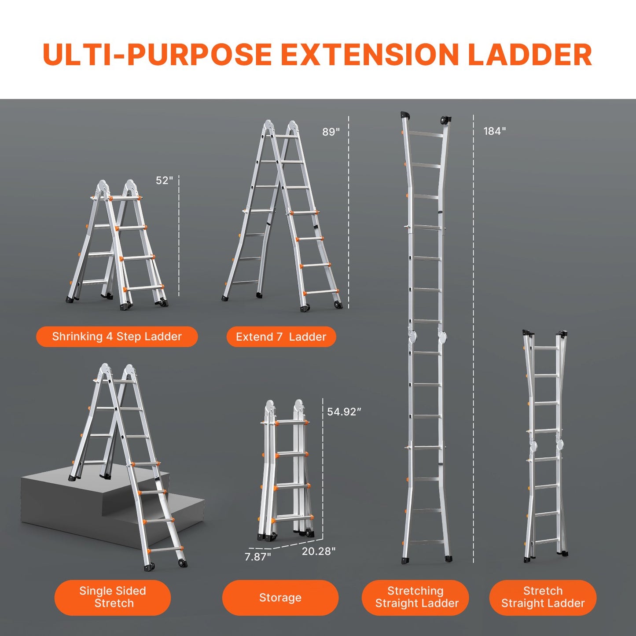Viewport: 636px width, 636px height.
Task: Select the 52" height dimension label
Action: tap(164, 180)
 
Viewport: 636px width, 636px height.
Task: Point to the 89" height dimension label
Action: tap(331, 132)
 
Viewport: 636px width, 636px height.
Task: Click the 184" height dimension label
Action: tap(494, 131)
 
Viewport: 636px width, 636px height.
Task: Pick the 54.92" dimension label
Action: tap(344, 412)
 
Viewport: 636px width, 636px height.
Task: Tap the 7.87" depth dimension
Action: tap(257, 557)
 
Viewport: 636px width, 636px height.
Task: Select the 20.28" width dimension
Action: tap(318, 551)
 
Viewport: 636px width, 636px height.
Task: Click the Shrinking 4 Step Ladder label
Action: tap(117, 337)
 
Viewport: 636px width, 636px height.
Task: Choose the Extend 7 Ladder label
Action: tap(281, 337)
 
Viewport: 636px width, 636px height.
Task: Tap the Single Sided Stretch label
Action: tap(113, 597)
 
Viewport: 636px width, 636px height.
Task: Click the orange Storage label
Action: tap(280, 597)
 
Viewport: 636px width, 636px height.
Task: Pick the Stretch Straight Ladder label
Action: tap(543, 597)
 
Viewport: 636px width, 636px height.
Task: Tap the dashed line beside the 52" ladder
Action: tap(179, 238)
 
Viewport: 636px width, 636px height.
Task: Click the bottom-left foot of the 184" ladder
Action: tap(405, 560)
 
